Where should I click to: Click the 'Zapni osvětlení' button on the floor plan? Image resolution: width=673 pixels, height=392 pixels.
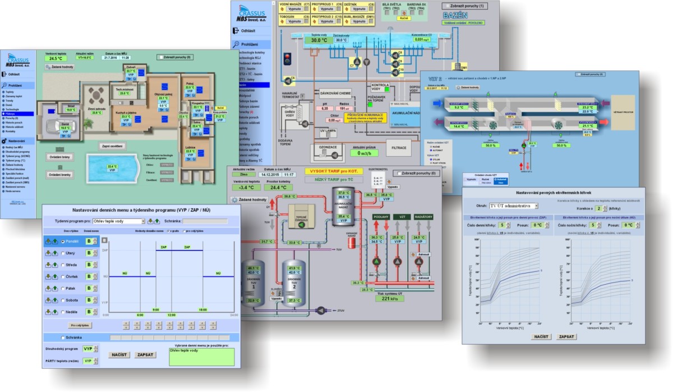pos(112,146)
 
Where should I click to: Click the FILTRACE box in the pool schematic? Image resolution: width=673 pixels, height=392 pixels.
pos(400,148)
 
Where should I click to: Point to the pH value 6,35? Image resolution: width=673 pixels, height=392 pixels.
pos(324,108)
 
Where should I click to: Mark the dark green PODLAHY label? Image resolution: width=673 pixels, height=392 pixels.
pos(377,216)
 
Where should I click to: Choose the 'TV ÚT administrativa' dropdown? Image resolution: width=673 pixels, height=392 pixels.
pos(513,206)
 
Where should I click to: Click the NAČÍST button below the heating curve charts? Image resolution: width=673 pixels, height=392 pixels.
pos(525,336)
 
